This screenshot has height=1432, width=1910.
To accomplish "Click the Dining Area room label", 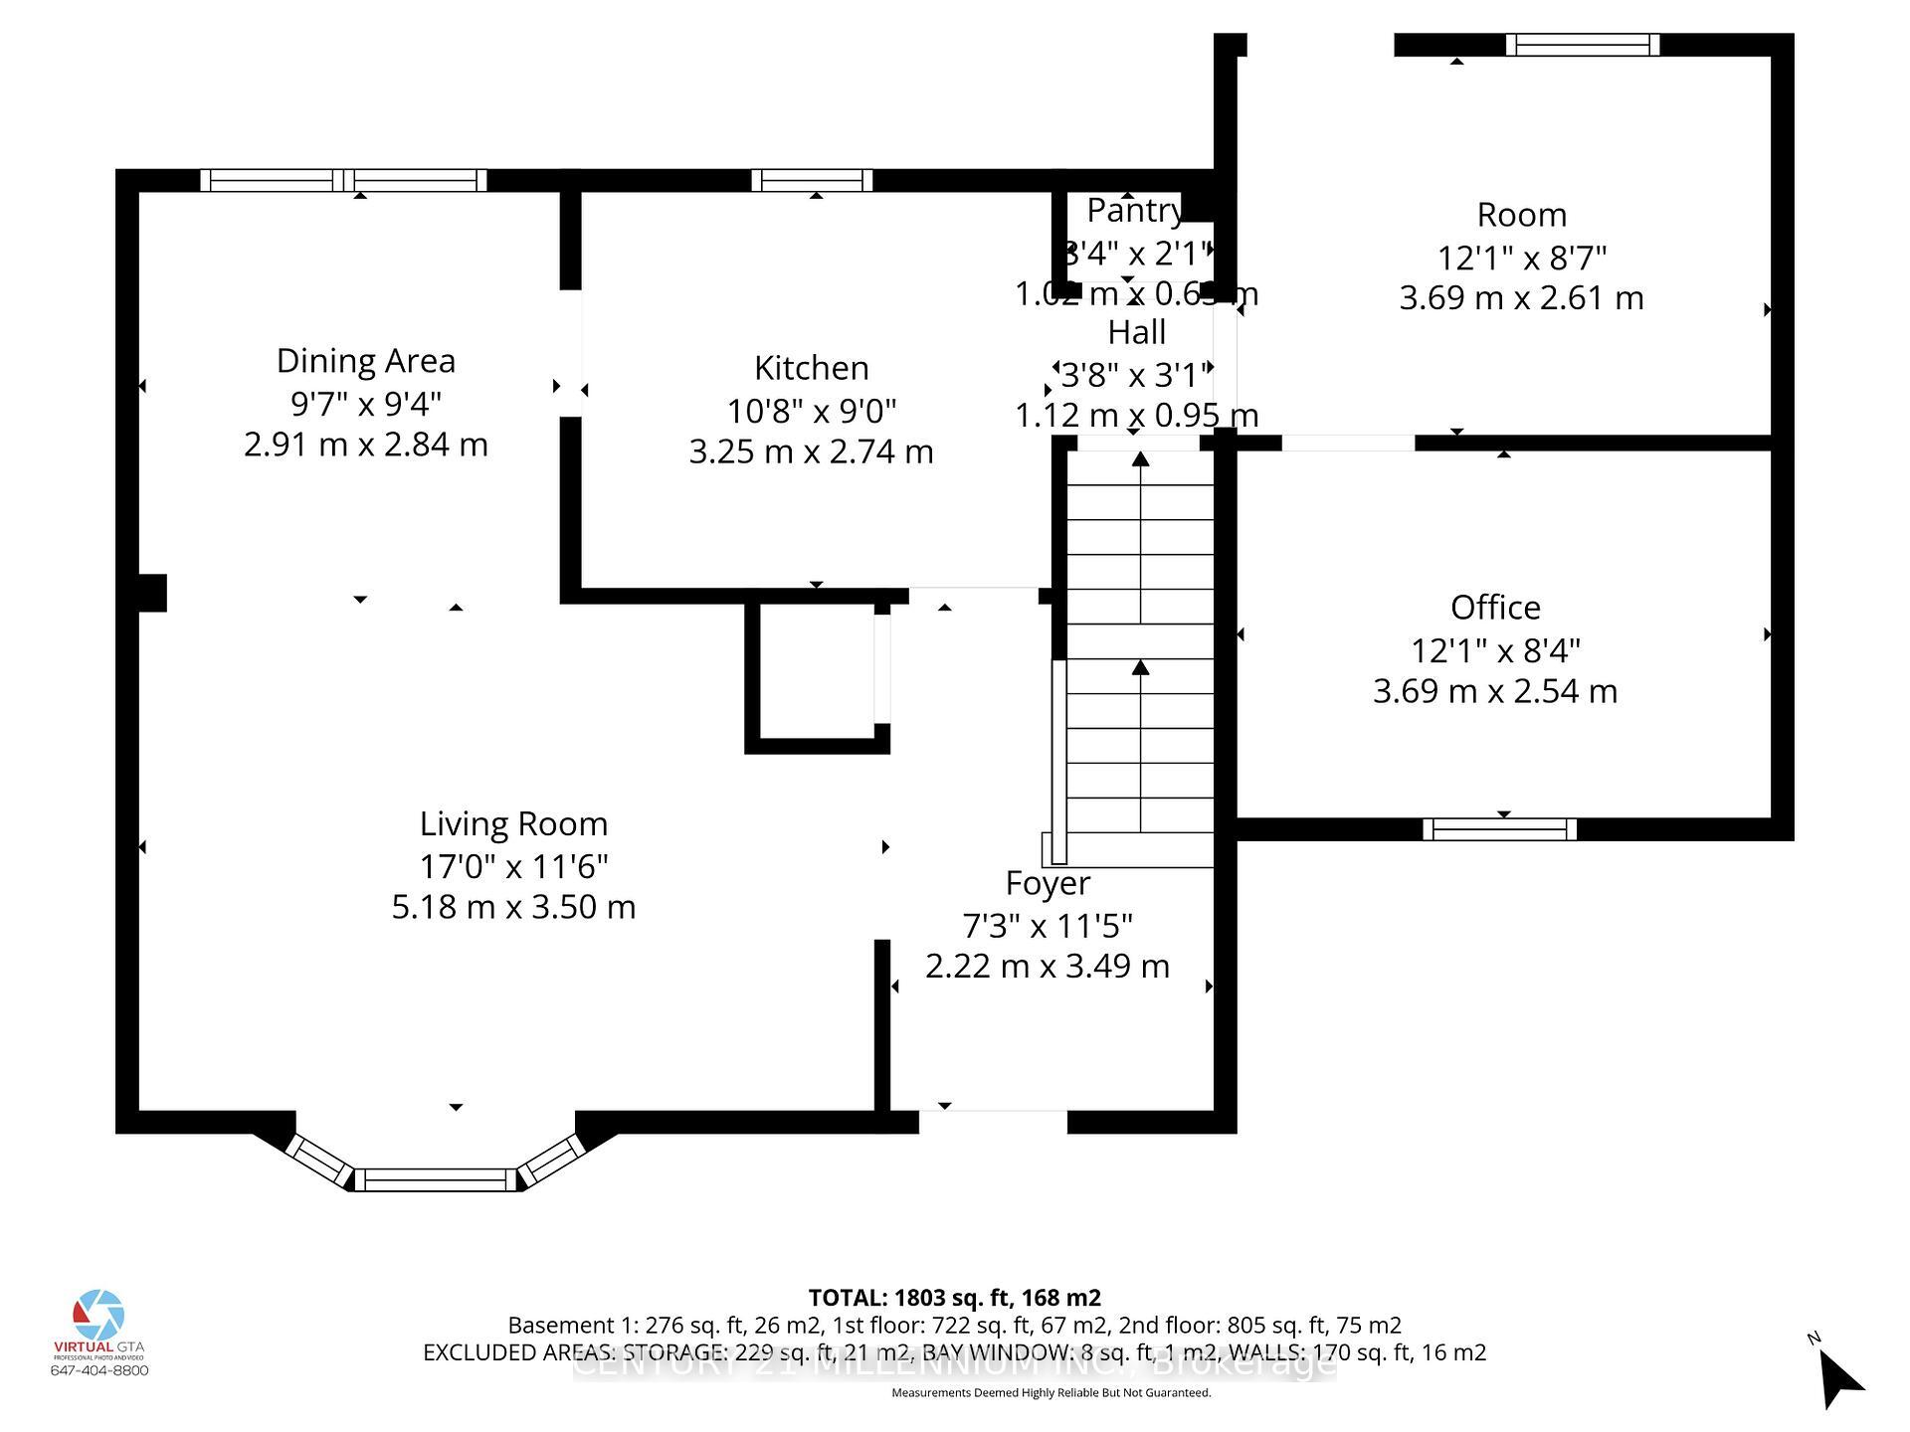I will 365,361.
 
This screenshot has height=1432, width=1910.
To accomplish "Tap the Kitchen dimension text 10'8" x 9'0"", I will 811,410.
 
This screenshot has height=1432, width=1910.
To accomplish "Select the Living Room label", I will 513,824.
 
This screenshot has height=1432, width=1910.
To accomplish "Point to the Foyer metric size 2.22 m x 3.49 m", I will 1047,967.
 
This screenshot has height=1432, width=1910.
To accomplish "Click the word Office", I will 1495,608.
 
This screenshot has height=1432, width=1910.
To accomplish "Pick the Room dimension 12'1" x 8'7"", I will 1521,259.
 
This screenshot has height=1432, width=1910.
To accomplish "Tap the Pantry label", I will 1134,211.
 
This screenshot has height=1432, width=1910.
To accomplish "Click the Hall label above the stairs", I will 1136,332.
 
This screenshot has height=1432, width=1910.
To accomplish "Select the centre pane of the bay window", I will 435,1180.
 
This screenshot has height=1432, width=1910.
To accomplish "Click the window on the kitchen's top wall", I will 812,180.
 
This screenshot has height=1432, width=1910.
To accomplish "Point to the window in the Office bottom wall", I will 1499,829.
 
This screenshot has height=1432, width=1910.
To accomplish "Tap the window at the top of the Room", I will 1582,45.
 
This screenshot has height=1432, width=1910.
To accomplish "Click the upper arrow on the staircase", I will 1140,460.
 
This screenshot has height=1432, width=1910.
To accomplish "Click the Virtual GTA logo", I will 99,1317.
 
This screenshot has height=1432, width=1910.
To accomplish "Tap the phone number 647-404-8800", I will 99,1370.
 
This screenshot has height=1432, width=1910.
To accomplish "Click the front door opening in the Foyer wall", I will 992,1121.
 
